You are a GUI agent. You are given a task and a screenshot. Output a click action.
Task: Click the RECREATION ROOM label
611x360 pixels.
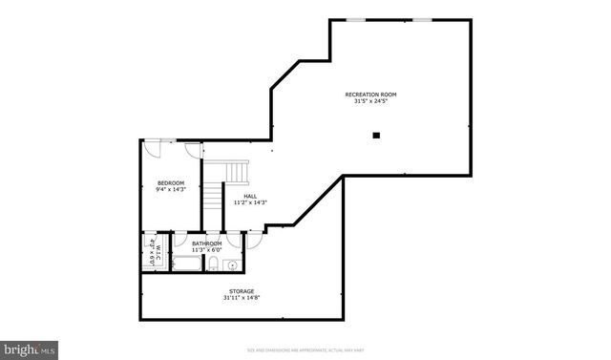[370, 95]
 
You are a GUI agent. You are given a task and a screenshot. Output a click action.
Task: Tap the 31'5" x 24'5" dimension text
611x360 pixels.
[370, 102]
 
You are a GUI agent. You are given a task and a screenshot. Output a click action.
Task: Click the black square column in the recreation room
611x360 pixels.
[376, 136]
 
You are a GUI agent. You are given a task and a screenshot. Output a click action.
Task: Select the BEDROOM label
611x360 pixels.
[171, 182]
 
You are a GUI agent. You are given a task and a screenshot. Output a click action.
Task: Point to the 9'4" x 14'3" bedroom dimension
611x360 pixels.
[171, 189]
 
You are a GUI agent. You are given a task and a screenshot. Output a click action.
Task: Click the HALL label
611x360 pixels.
[250, 196]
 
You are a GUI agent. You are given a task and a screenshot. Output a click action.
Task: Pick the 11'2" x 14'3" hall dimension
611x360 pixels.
[250, 202]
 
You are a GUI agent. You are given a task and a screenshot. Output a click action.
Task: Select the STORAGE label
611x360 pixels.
[241, 290]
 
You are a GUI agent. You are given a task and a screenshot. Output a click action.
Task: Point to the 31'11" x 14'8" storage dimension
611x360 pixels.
[241, 298]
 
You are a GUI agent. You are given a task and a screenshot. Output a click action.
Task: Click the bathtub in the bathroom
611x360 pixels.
[186, 265]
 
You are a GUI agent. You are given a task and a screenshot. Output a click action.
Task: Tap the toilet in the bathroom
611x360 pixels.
[216, 265]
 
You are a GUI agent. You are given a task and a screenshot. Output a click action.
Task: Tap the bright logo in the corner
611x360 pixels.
[30, 349]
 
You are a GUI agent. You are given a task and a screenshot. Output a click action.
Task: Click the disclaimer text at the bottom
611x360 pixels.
[305, 350]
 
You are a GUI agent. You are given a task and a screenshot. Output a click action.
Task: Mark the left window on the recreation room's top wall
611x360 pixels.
[354, 19]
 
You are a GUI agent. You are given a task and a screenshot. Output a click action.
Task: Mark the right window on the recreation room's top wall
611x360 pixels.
[421, 19]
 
